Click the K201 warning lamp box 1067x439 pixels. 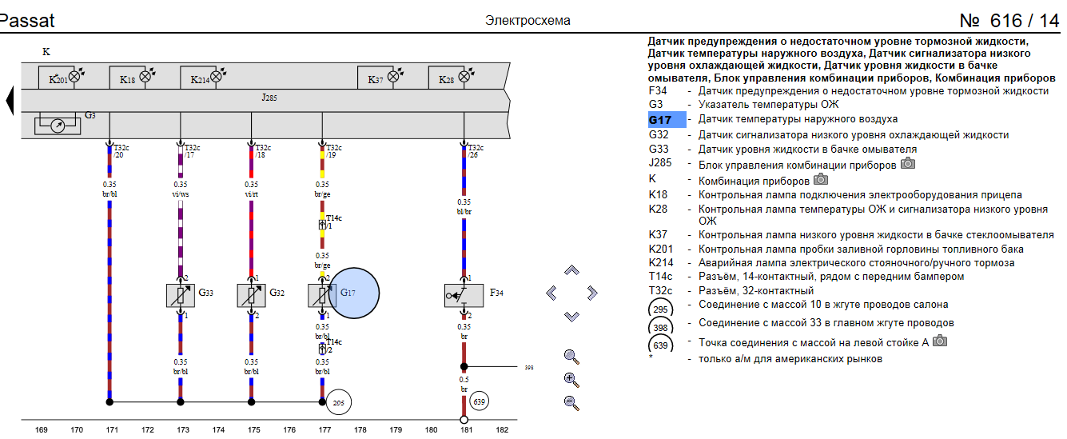(x=63, y=78)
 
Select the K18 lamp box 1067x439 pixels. (x=133, y=78)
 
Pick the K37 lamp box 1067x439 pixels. (x=380, y=78)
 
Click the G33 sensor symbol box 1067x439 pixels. (x=181, y=295)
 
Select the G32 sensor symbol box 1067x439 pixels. (x=252, y=295)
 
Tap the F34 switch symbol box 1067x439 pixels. (x=464, y=295)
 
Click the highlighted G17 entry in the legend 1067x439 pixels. (x=667, y=120)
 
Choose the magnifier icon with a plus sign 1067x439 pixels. (x=571, y=380)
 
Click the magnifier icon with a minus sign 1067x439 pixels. (x=571, y=403)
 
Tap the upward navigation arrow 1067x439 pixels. (x=571, y=270)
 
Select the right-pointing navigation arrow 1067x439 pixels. (x=592, y=293)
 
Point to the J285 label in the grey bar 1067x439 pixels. (x=269, y=98)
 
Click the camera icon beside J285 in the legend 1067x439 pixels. (x=907, y=164)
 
